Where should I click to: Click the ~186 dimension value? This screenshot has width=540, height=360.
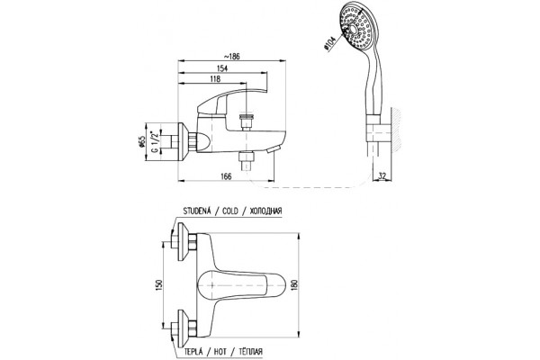click(x=231, y=57)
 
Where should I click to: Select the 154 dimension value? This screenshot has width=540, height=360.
click(x=222, y=68)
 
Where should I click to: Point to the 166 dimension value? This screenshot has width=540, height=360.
click(x=226, y=176)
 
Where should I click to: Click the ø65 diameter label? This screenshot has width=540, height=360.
click(x=142, y=142)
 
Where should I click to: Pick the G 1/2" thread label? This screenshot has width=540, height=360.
click(x=156, y=140)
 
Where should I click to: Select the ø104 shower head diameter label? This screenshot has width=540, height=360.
click(x=329, y=44)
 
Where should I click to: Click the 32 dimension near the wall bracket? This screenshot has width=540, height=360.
click(x=382, y=175)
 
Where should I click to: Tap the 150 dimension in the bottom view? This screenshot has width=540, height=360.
click(x=158, y=284)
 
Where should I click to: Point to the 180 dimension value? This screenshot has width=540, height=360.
click(x=294, y=285)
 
